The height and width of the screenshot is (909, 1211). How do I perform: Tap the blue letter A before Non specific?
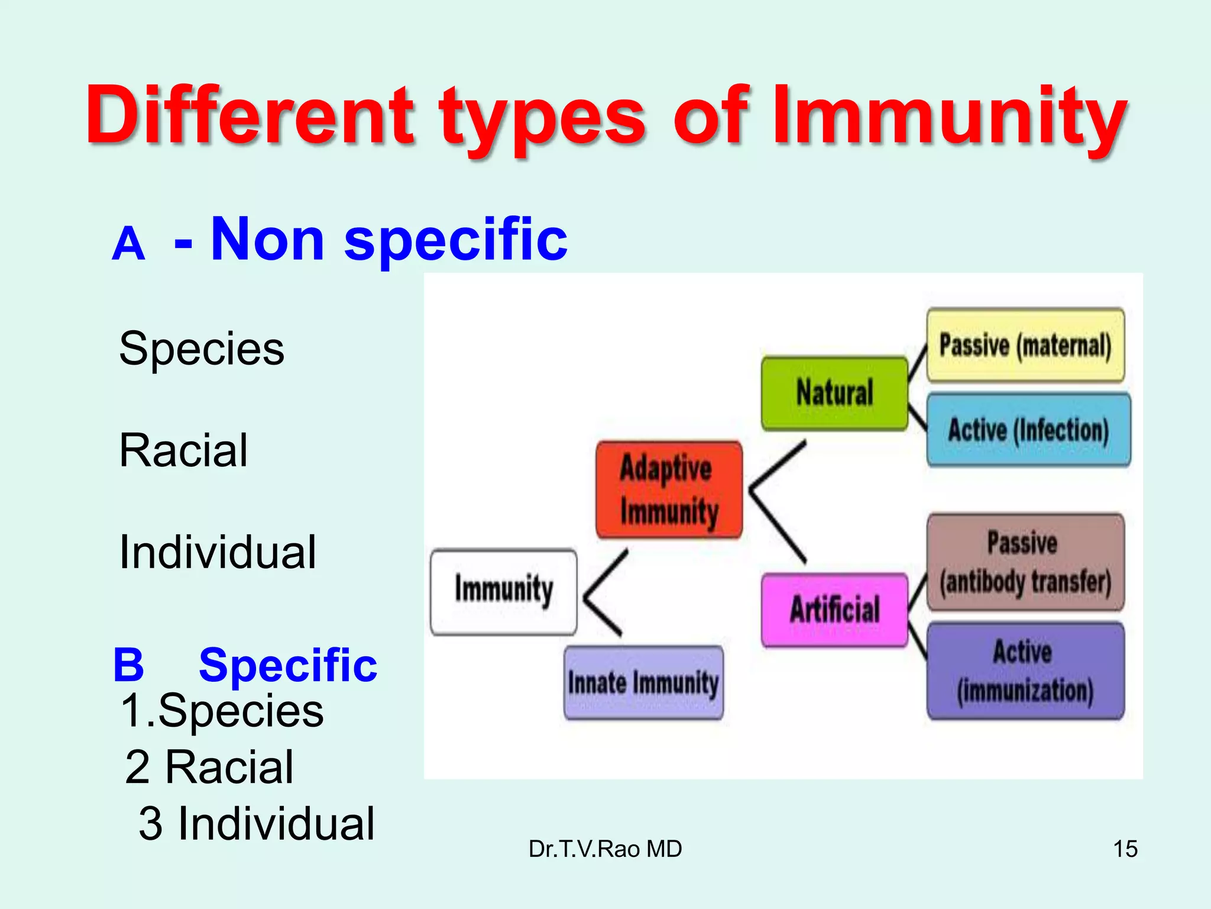click(128, 244)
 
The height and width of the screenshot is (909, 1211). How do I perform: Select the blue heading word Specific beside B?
click(288, 666)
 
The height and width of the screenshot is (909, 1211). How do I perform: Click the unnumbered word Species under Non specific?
click(202, 349)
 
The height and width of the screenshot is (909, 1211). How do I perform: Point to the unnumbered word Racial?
click(183, 451)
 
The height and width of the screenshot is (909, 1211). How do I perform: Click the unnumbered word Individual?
click(218, 552)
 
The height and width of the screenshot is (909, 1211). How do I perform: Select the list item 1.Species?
click(222, 710)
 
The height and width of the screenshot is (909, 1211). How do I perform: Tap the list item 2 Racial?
click(209, 767)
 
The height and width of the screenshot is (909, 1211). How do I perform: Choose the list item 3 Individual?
click(257, 824)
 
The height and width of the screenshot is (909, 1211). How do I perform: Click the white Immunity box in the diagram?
click(504, 592)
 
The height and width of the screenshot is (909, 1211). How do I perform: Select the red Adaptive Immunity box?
click(669, 490)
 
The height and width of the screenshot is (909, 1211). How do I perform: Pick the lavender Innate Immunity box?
click(643, 683)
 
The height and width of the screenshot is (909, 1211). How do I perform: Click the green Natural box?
click(834, 393)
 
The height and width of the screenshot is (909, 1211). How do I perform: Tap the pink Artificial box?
click(834, 610)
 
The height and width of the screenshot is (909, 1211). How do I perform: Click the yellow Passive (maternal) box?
click(1025, 345)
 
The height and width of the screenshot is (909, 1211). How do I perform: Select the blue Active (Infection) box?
click(1028, 430)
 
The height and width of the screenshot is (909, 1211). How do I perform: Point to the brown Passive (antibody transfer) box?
click(1025, 562)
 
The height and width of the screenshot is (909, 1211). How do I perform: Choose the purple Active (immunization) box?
click(1025, 671)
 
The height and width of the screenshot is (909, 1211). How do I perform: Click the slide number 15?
click(1125, 849)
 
